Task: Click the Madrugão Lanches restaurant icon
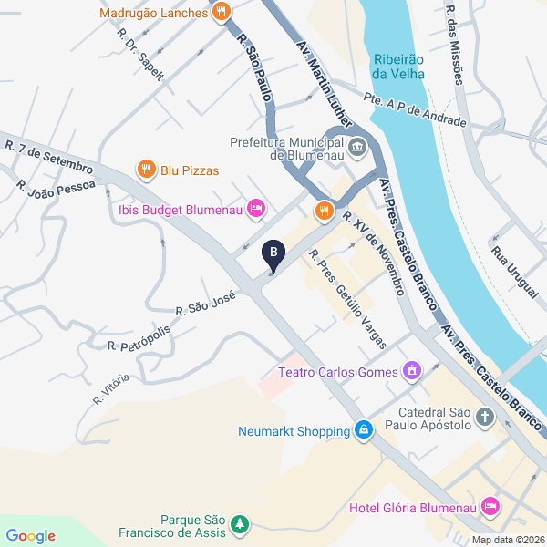[221, 13]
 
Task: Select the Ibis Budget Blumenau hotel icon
[257, 209]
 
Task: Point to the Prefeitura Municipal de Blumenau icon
[357, 146]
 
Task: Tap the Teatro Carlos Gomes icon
[412, 371]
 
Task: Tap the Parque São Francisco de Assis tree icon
[239, 524]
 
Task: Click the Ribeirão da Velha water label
[398, 67]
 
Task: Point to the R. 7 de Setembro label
[49, 157]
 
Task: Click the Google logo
[30, 536]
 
